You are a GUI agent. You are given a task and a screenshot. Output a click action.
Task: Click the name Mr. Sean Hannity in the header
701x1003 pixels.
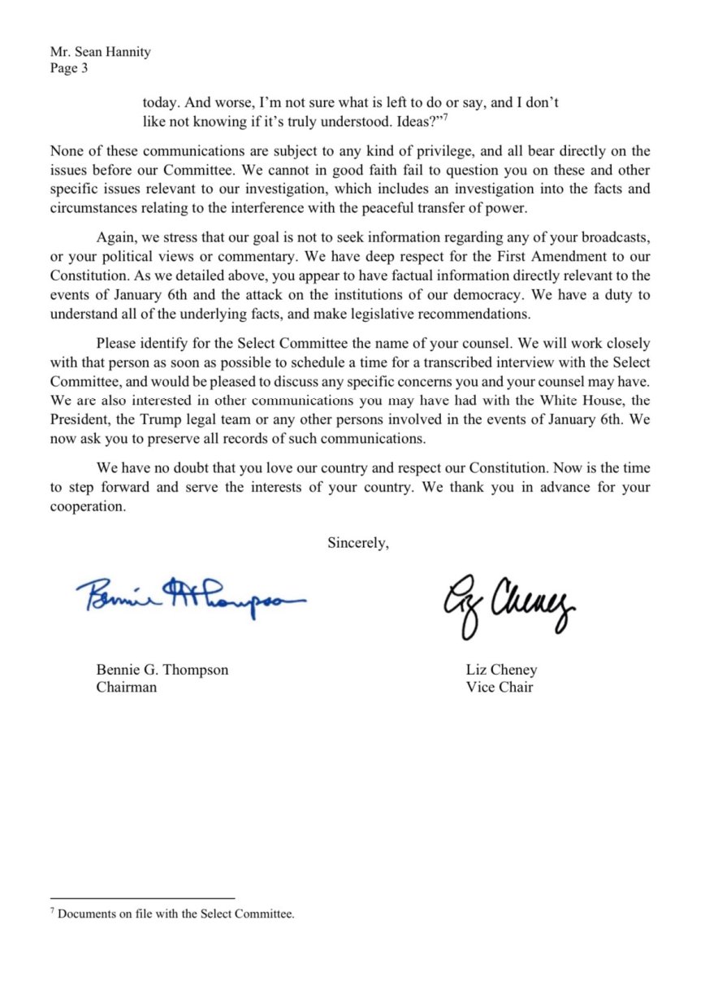point(100,52)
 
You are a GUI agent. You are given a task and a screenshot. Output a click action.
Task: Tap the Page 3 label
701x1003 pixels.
point(69,68)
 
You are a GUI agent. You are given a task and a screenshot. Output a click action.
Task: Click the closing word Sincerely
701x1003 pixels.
point(357,543)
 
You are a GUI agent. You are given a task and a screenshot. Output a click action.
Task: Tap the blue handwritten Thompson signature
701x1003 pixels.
point(193,600)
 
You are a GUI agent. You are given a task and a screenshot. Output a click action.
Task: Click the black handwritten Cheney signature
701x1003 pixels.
point(508,603)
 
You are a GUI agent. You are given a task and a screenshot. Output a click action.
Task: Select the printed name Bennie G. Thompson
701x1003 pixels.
point(162,671)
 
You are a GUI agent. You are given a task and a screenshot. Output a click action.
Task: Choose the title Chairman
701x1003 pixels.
point(127,687)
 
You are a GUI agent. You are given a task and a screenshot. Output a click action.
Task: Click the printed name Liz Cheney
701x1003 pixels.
point(501,671)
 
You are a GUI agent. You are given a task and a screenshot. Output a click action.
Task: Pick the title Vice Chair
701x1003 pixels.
point(499,687)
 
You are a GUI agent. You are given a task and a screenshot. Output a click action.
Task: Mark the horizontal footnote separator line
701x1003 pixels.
point(142,898)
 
